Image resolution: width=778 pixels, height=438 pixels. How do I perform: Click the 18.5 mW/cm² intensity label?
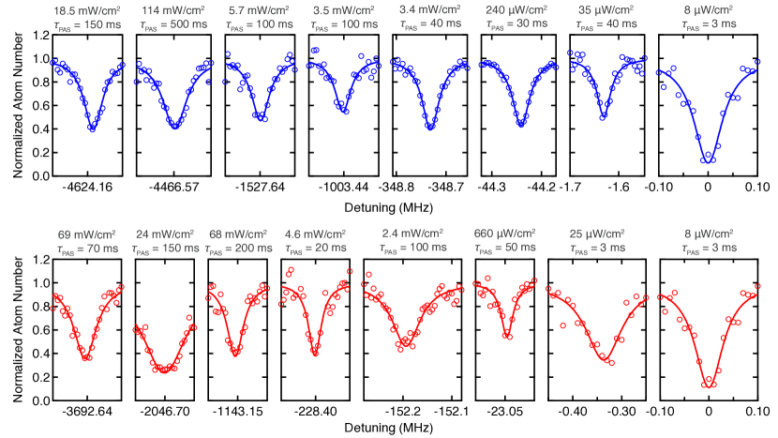tap(87, 9)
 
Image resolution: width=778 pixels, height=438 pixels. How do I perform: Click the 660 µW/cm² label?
tap(504, 233)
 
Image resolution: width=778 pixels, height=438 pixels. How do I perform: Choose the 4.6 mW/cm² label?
tap(315, 233)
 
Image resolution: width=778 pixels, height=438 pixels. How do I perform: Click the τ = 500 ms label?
tap(171, 25)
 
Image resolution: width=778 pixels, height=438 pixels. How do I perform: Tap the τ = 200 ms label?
tap(240, 249)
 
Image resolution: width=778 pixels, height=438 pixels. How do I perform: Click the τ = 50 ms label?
tap(504, 249)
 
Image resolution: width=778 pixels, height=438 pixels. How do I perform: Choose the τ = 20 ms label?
tap(315, 249)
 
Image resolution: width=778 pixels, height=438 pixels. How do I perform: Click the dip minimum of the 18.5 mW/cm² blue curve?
tap(92, 128)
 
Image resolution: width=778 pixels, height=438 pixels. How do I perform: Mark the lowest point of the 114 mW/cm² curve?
tap(175, 127)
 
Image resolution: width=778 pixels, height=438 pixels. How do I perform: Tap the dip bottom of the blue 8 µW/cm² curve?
tap(708, 159)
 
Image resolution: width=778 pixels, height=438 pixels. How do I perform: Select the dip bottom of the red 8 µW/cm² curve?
tap(710, 382)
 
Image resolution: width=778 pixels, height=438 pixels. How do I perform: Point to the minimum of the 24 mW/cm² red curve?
tap(166, 370)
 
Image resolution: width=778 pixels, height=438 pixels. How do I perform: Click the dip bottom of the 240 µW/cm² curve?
tap(517, 122)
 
